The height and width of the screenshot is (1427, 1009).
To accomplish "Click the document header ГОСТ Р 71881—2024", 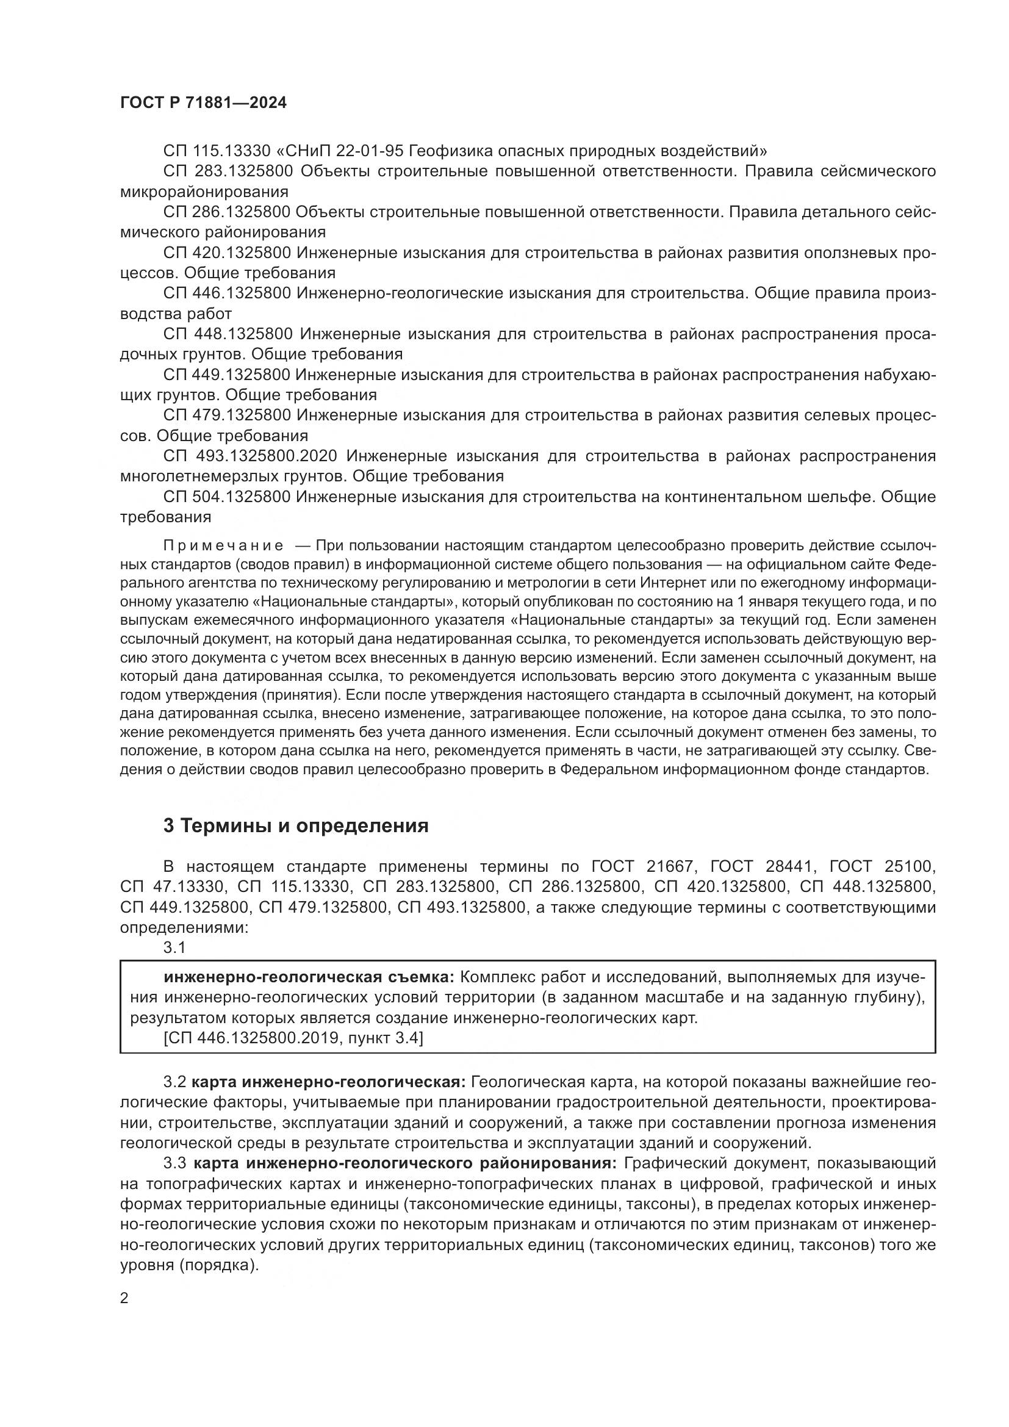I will pos(203,103).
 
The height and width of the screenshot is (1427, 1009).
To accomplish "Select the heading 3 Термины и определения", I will pos(296,825).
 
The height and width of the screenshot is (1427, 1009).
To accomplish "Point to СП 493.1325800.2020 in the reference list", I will pos(250,456).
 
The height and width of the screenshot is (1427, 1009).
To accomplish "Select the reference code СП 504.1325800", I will pos(227,497).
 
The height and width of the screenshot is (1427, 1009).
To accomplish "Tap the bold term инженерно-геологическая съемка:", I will pos(309,977).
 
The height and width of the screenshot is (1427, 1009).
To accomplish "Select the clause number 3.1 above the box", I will pos(174,947).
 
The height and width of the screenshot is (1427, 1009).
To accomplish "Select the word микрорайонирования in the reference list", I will pos(204,192).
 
